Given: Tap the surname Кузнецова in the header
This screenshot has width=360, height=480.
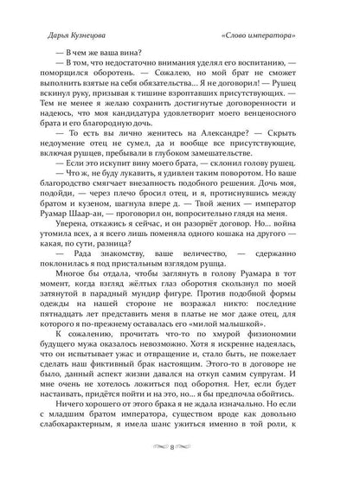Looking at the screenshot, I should [x=81, y=39].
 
